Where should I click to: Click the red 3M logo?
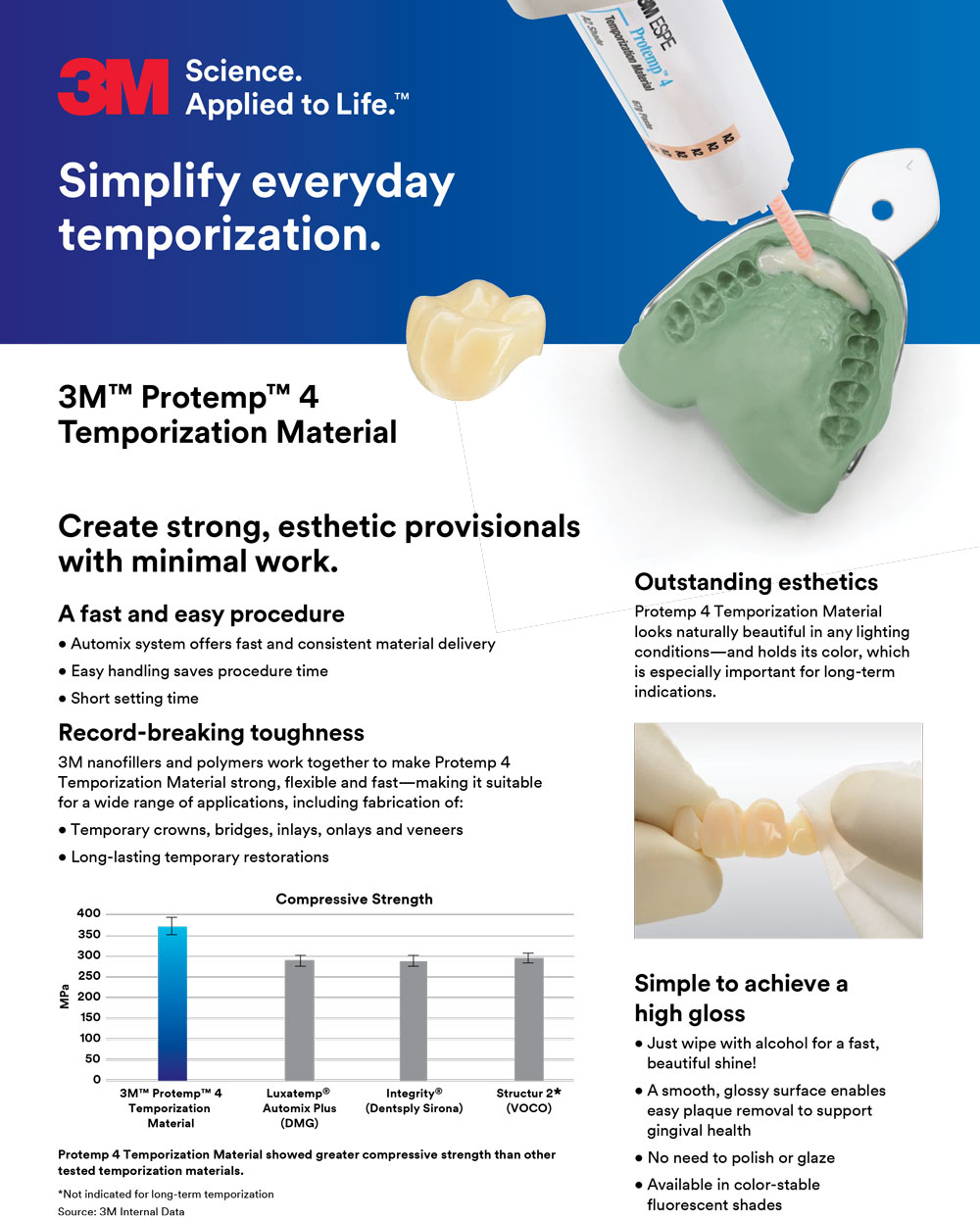[113, 87]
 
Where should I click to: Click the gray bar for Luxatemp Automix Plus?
[300, 1020]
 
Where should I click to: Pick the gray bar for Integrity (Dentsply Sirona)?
[414, 1020]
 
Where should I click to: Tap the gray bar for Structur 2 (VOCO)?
[528, 1019]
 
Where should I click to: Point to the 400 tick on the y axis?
[88, 913]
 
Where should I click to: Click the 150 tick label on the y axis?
[90, 1017]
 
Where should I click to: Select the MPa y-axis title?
[64, 997]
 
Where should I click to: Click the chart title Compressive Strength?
[354, 900]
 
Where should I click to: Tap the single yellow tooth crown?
[475, 339]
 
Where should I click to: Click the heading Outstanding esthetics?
[756, 582]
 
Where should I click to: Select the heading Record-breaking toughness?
[211, 732]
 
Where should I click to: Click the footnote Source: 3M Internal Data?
[121, 1211]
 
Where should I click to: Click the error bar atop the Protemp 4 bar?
[171, 926]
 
